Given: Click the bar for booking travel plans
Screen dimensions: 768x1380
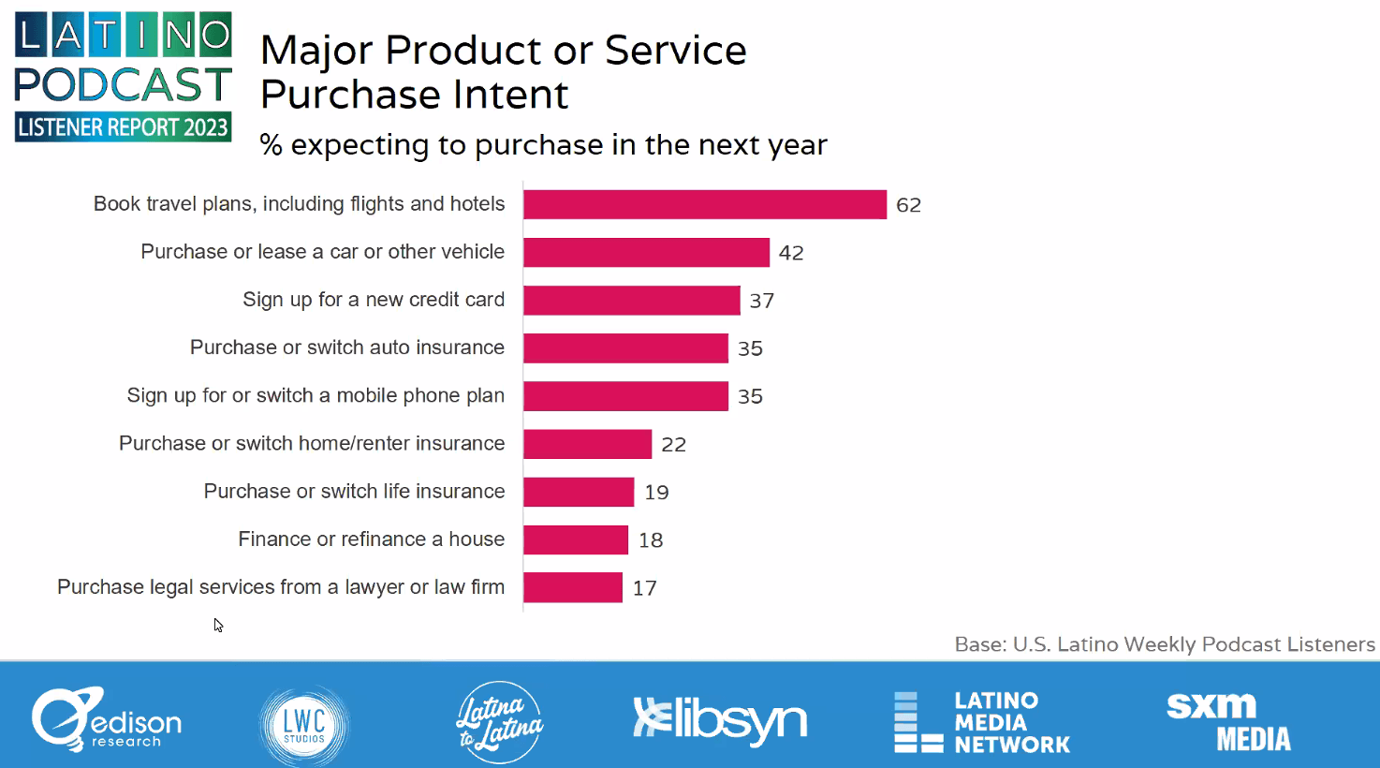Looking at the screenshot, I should click(704, 204).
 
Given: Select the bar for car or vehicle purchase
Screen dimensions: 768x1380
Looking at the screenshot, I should click(646, 252).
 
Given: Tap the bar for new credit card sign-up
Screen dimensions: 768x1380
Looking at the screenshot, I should click(631, 300).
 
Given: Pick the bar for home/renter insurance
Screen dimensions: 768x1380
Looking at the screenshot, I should click(587, 444).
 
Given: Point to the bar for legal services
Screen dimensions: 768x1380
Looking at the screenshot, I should click(573, 587).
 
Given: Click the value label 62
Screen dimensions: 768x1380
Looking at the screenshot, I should click(908, 205).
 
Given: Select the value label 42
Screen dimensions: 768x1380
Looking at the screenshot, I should click(791, 253).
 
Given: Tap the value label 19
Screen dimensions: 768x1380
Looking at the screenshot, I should click(656, 493).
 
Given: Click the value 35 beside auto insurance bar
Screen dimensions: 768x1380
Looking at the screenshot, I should click(750, 348).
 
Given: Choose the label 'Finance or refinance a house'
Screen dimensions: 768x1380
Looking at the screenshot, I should click(371, 539).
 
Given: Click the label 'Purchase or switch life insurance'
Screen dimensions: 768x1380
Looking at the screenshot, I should click(354, 492).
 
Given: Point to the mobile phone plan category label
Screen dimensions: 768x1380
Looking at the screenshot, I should click(316, 396).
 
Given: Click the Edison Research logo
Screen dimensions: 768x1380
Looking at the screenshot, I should click(106, 719).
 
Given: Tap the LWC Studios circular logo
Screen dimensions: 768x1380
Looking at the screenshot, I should click(304, 724).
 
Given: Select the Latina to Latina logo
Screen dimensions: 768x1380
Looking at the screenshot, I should click(500, 722).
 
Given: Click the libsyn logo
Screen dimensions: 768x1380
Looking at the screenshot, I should click(719, 720).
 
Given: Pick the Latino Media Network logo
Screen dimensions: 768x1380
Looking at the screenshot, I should click(982, 722).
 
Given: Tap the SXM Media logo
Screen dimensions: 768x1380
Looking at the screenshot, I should click(1227, 721).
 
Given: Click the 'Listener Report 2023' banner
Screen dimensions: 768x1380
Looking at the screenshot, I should click(123, 127).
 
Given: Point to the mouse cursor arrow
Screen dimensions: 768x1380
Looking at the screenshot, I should click(217, 625).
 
